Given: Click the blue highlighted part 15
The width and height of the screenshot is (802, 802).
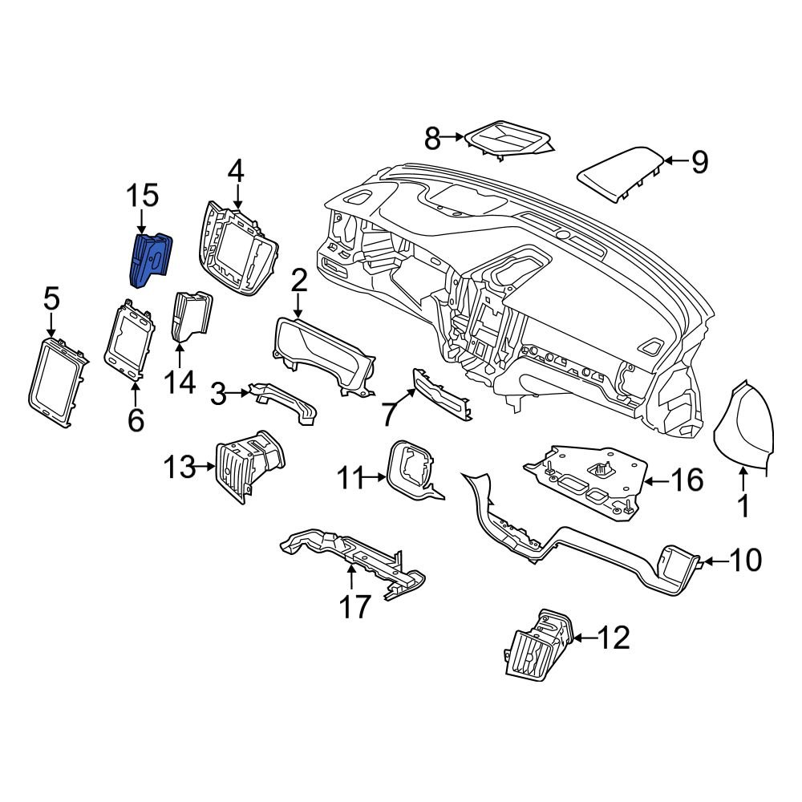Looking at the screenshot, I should point(150,258).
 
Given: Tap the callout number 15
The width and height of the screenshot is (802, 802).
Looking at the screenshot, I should point(141,196).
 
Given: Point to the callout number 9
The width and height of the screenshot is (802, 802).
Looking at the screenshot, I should point(699,163).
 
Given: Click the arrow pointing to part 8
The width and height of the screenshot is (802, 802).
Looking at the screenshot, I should point(455,140).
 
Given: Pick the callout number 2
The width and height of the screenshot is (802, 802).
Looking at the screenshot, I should point(298,281).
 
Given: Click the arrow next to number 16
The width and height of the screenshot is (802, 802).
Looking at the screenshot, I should point(655,481).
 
